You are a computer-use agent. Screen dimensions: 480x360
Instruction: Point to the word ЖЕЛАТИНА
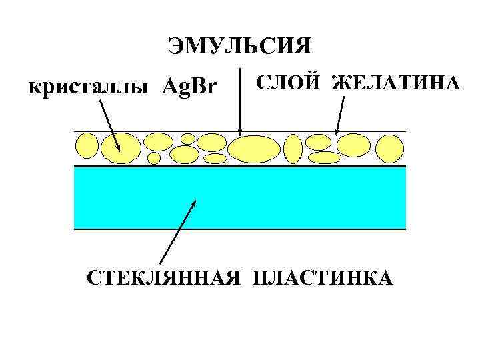tap(396, 84)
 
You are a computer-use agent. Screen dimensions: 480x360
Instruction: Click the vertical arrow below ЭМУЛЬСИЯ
tap(240, 100)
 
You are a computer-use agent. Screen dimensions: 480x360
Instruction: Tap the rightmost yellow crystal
tap(391, 149)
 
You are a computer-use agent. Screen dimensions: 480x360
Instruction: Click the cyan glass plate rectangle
tap(240, 197)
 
